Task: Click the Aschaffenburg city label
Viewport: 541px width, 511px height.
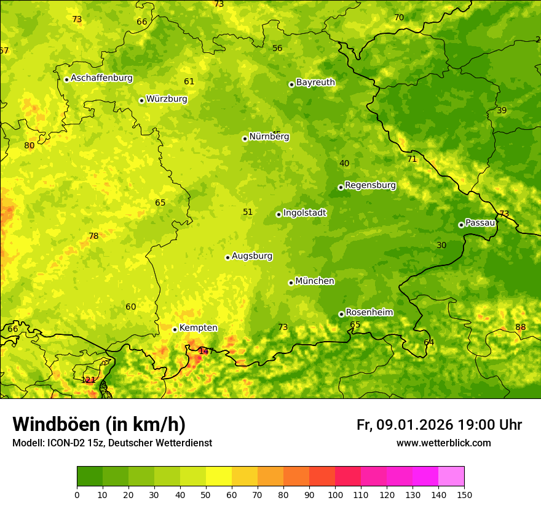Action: (101, 78)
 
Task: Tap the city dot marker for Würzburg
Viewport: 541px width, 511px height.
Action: (141, 100)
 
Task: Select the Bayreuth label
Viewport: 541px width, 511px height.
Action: (315, 82)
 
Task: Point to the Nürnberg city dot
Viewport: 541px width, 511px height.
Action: (245, 139)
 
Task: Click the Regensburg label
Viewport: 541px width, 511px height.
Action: (370, 185)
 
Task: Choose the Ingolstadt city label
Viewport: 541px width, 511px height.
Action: (304, 212)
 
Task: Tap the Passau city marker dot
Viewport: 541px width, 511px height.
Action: (461, 225)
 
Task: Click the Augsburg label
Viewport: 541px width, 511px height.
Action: (252, 255)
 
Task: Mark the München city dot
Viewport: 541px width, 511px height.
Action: (291, 283)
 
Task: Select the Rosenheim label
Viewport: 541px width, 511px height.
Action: (369, 312)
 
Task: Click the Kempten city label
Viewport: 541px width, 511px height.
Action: (198, 328)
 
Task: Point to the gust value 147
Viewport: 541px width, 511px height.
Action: (206, 351)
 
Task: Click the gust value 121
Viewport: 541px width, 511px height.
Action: (89, 380)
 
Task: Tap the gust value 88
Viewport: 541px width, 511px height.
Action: (520, 327)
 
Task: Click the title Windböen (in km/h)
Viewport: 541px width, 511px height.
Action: (99, 424)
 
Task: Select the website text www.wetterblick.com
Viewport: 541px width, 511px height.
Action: (443, 443)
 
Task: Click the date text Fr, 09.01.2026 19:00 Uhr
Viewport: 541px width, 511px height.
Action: (439, 425)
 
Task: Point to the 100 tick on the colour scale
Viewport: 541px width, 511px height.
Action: (335, 494)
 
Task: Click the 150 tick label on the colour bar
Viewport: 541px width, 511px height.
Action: (464, 494)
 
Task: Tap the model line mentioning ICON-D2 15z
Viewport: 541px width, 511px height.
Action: (112, 443)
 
